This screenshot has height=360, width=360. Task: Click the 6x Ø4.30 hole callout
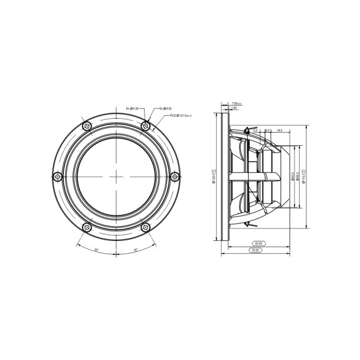[133, 109]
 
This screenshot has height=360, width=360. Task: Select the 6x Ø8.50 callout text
[165, 109]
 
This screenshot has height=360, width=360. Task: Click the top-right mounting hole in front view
[145, 125]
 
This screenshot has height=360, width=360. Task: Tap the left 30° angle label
[97, 250]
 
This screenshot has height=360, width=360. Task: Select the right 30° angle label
[135, 250]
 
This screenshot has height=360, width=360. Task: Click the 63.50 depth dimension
[257, 243]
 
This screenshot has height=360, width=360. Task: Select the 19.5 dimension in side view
[279, 130]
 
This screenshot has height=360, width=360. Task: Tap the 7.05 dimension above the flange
[236, 103]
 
